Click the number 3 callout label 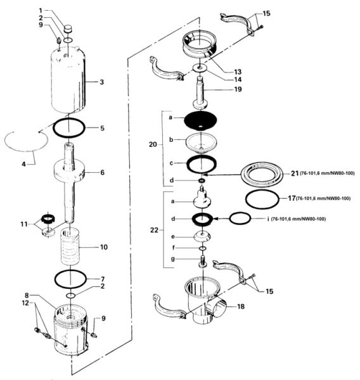point(101,82)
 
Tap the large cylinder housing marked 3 point(70,82)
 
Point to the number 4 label point(25,163)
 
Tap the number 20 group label point(152,144)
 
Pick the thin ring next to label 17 point(262,199)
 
